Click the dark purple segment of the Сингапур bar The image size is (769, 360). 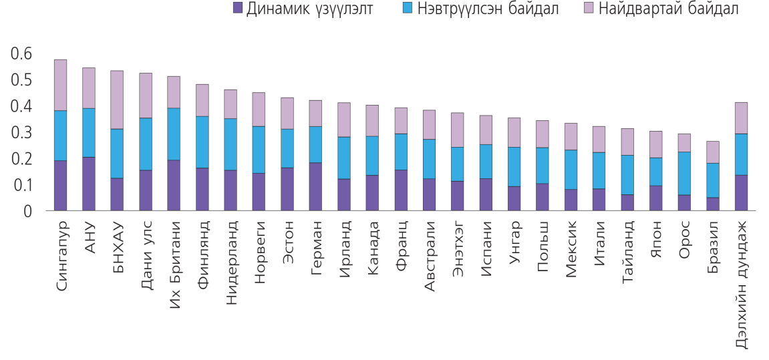click(60, 186)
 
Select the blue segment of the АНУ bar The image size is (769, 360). click(88, 132)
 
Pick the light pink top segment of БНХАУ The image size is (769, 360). click(117, 100)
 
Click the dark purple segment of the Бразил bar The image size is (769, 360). click(713, 204)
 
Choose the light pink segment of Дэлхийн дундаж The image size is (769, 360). click(741, 118)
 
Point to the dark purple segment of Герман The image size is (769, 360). click(315, 186)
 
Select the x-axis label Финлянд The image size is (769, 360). click(203, 250)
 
